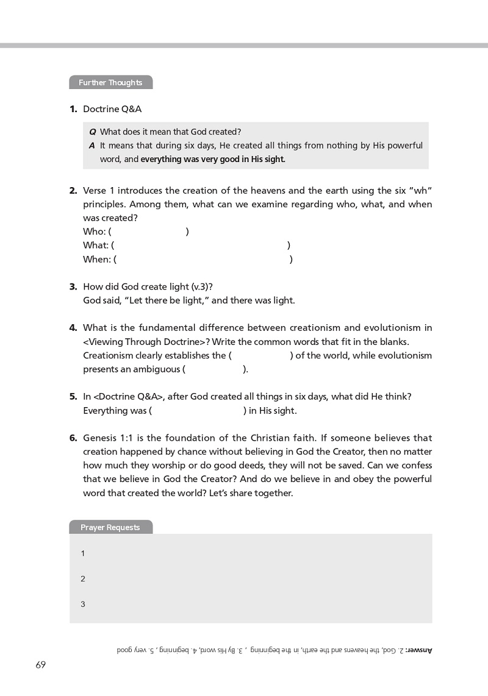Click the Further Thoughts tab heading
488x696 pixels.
tap(110, 83)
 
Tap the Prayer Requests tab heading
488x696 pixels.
tap(110, 528)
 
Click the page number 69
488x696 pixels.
tap(41, 665)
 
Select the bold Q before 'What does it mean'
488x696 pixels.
tap(93, 132)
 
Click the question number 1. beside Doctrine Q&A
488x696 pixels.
tap(73, 109)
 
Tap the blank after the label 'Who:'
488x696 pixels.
tap(149, 232)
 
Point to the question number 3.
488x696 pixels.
tap(73, 286)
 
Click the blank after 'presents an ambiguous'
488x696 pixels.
tap(213, 369)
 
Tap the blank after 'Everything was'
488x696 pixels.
tap(197, 411)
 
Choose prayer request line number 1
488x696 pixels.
tap(83, 553)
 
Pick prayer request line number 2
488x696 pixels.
tap(83, 579)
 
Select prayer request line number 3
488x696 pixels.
tap(83, 605)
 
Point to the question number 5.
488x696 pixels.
tap(73, 397)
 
